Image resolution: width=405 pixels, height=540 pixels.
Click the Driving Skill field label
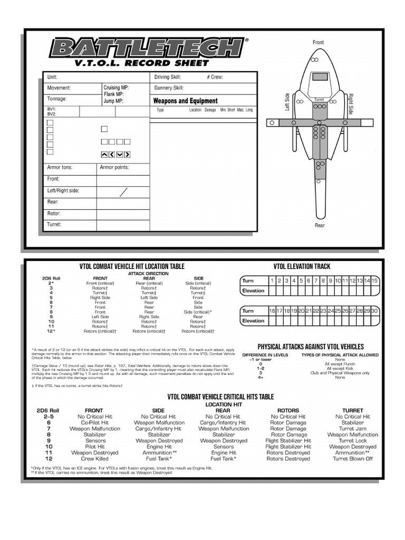(168, 77)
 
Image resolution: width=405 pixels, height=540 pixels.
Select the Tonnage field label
(57, 99)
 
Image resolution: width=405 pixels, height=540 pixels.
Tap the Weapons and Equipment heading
(185, 101)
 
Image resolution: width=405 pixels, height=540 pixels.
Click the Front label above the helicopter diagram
(318, 42)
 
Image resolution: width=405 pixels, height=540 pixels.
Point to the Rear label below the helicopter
(320, 226)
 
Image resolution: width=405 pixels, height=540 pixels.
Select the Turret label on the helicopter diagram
(319, 100)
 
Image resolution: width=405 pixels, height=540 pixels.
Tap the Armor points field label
(114, 168)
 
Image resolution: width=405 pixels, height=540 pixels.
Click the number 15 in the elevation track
(374, 281)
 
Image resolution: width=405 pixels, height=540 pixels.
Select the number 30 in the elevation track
(374, 311)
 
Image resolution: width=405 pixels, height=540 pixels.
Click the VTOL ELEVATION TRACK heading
(302, 266)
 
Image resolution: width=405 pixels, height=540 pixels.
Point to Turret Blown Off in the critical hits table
(352, 459)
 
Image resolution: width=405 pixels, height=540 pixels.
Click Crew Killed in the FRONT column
(95, 459)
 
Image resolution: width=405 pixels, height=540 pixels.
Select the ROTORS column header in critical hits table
(288, 410)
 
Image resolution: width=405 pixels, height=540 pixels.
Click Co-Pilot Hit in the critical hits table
(95, 422)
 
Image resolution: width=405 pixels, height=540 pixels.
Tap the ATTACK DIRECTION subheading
(148, 274)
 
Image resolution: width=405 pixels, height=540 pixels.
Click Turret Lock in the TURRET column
(352, 441)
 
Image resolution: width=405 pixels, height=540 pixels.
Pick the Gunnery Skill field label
(169, 88)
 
